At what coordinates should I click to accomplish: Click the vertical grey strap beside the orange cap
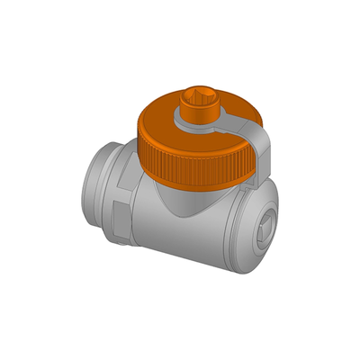264,153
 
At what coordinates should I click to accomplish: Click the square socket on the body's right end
262,229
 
